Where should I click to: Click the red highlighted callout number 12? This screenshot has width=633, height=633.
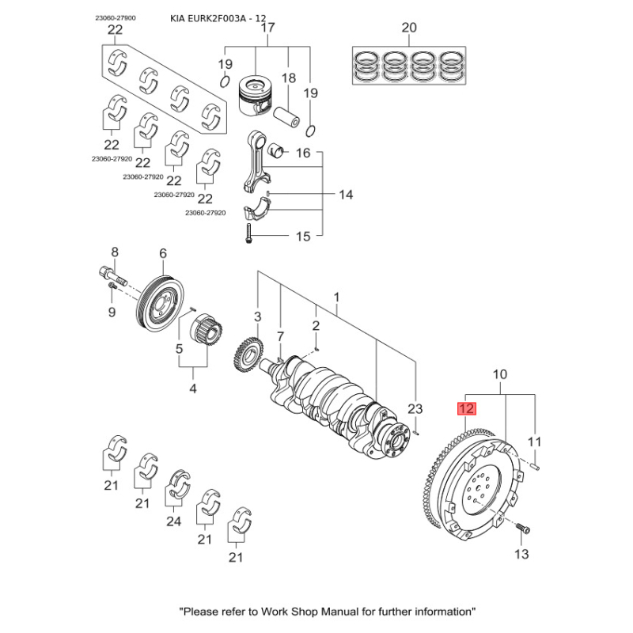click(465, 409)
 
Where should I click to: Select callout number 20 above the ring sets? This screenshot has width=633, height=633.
click(408, 28)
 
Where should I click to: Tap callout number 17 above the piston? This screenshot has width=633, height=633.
click(267, 28)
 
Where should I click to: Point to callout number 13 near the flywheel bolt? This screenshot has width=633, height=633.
click(521, 554)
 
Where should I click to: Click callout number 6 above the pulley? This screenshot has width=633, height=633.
click(163, 253)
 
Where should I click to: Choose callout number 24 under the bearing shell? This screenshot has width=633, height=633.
click(173, 521)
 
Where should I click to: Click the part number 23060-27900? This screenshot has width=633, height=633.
click(116, 17)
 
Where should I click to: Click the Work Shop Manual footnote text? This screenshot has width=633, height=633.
click(328, 612)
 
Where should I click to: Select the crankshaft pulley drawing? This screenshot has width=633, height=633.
click(161, 303)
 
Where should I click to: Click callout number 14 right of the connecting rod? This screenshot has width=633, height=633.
click(346, 195)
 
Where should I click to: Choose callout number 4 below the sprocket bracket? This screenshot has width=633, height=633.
click(193, 389)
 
